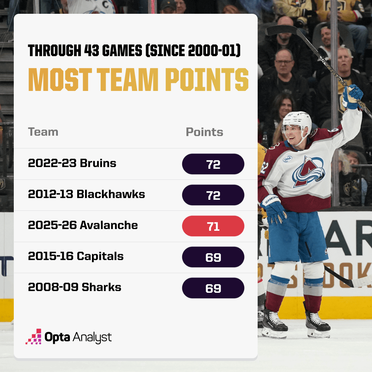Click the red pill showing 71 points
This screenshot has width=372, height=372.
pyautogui.click(x=213, y=226)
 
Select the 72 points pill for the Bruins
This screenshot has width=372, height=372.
pyautogui.click(x=213, y=164)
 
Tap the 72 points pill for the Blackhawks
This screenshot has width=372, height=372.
pyautogui.click(x=213, y=195)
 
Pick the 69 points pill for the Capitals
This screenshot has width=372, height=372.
pyautogui.click(x=213, y=257)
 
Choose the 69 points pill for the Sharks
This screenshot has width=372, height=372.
pyautogui.click(x=213, y=288)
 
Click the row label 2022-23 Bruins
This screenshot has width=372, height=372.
pyautogui.click(x=72, y=163)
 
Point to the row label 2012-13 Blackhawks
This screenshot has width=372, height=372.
pyautogui.click(x=86, y=194)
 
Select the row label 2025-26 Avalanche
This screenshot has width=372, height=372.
pyautogui.click(x=83, y=225)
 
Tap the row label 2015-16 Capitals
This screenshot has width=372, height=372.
pyautogui.click(x=76, y=256)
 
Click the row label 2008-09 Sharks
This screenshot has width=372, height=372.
pyautogui.click(x=74, y=287)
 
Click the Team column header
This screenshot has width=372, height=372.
pyautogui.click(x=43, y=132)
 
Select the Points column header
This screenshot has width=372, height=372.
pyautogui.click(x=205, y=132)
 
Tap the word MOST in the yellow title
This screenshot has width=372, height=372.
pyautogui.click(x=60, y=80)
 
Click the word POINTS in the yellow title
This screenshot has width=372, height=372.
pyautogui.click(x=207, y=80)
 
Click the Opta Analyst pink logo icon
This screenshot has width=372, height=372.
pyautogui.click(x=34, y=337)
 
